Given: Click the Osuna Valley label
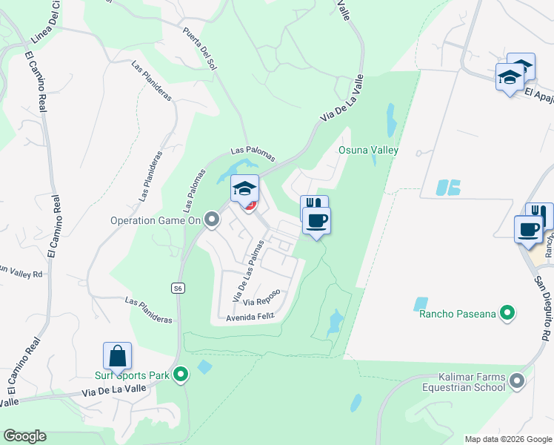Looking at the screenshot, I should coord(368,151).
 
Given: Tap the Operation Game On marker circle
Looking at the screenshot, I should coord(213,220).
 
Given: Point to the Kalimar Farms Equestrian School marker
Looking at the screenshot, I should coord(517,382).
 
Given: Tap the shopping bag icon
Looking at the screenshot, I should coord(117,356).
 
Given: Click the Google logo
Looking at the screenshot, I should coord(24,436).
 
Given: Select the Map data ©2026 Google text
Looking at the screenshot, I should coord(507,439).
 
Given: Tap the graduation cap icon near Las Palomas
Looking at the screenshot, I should coord(244,188).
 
